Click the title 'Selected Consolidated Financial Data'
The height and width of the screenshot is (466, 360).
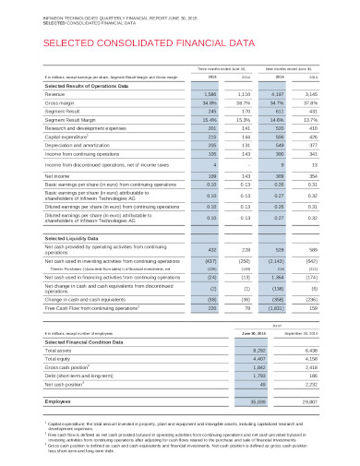pyautogui.click(x=120, y=42)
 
